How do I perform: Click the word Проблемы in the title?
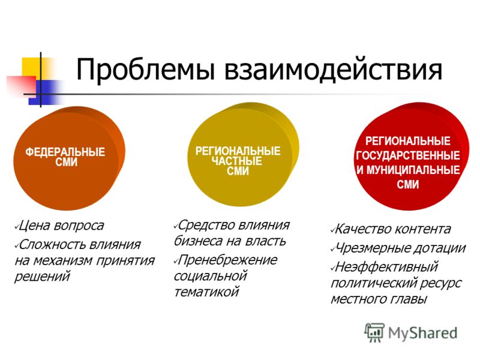click(145, 70)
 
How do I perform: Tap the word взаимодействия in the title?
click(333, 70)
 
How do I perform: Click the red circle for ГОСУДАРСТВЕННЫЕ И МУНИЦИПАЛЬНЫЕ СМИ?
click(412, 156)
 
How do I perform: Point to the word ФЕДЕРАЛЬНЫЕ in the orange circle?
click(65, 152)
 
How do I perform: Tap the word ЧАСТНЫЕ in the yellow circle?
click(236, 161)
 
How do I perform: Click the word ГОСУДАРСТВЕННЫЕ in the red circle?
click(408, 155)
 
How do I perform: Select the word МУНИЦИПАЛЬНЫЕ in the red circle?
click(413, 170)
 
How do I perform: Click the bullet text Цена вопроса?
click(61, 226)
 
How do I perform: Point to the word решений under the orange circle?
click(42, 277)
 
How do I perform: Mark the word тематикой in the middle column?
click(206, 292)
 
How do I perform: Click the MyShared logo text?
click(422, 333)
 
